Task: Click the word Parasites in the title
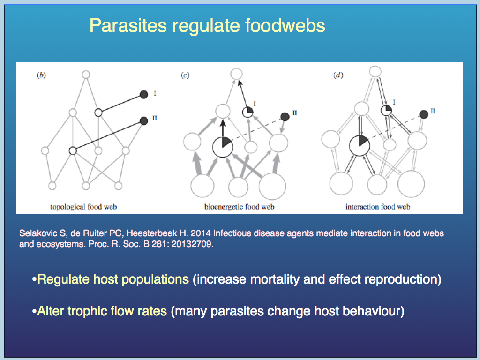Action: click(128, 25)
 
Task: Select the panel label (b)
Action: click(41, 75)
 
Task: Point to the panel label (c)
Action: click(185, 75)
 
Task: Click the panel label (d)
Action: click(338, 75)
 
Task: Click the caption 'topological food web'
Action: click(83, 207)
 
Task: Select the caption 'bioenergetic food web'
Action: click(240, 207)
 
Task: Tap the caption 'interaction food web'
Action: click(378, 207)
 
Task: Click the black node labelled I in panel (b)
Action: click(144, 94)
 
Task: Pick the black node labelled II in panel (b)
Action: click(144, 120)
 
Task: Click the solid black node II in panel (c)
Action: click(285, 117)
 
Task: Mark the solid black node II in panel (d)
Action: click(424, 114)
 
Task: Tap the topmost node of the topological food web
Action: click(86, 75)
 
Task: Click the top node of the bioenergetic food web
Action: click(236, 74)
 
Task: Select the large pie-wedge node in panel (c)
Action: click(223, 147)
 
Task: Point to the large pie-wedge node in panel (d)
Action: click(360, 146)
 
